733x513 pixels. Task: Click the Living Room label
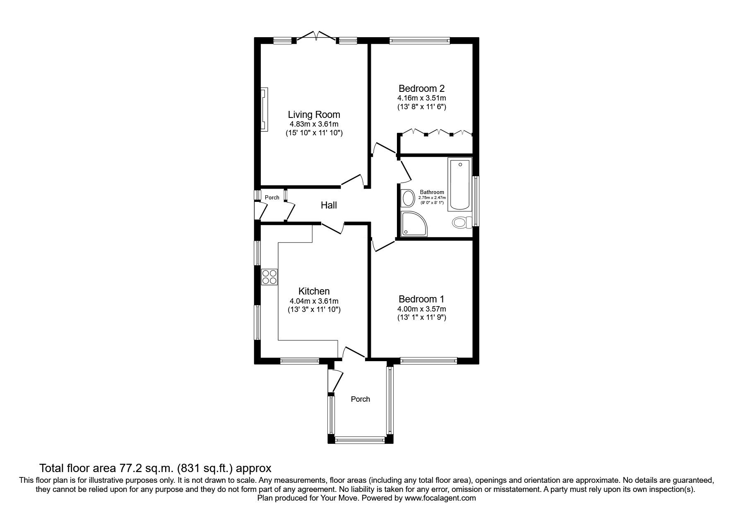pyautogui.click(x=314, y=115)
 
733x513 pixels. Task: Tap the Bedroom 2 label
pyautogui.click(x=421, y=89)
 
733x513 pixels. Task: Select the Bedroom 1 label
pyautogui.click(x=421, y=299)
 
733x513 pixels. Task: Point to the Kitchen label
pyautogui.click(x=314, y=291)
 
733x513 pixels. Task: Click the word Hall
pyautogui.click(x=329, y=205)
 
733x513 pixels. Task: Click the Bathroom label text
pyautogui.click(x=432, y=192)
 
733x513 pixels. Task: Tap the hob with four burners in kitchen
pyautogui.click(x=269, y=276)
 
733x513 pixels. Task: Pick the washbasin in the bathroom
pyautogui.click(x=408, y=198)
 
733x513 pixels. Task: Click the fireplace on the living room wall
pyautogui.click(x=264, y=110)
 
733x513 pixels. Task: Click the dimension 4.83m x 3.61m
pyautogui.click(x=314, y=124)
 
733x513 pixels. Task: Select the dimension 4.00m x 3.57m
pyautogui.click(x=421, y=309)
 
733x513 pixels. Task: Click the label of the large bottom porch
pyautogui.click(x=360, y=399)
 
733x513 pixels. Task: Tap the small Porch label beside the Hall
pyautogui.click(x=272, y=197)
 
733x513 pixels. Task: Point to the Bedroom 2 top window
pyautogui.click(x=419, y=41)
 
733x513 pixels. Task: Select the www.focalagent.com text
pyautogui.click(x=440, y=498)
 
